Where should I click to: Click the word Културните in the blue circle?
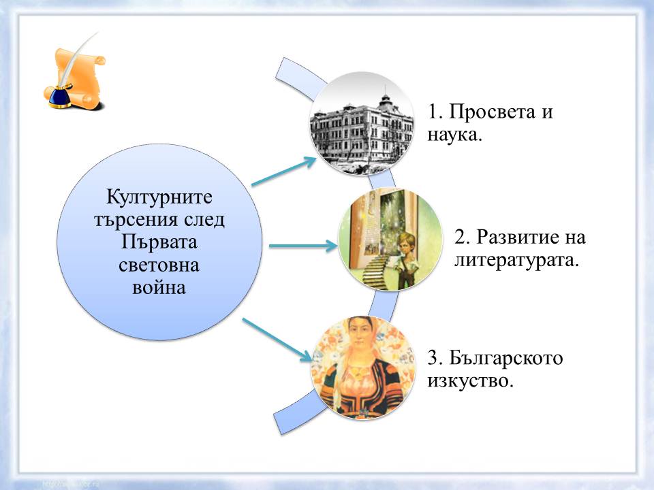point(160,198)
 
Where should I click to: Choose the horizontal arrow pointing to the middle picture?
point(304,244)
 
